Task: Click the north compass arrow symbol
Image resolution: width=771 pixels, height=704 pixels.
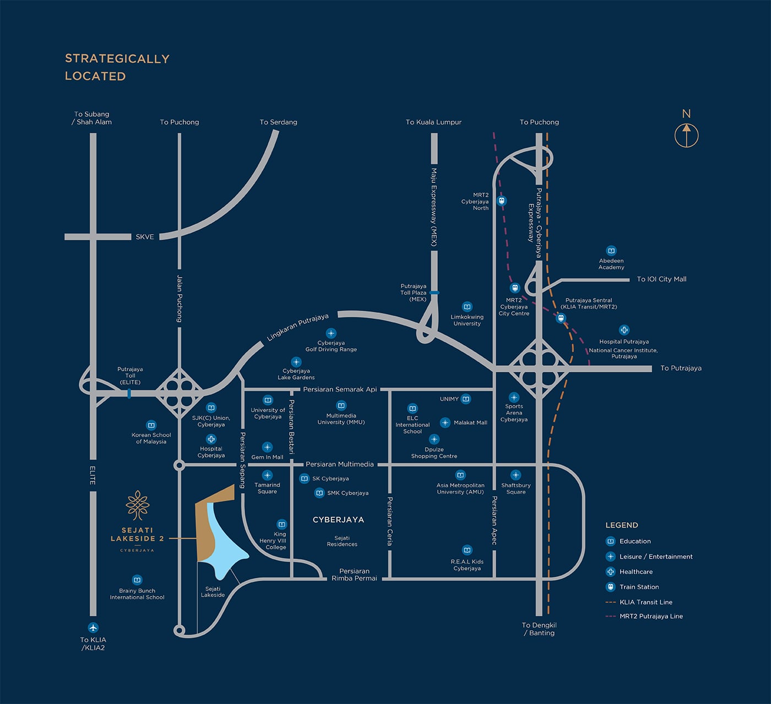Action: pyautogui.click(x=686, y=136)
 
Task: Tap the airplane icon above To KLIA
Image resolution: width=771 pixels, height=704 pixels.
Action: pyautogui.click(x=93, y=628)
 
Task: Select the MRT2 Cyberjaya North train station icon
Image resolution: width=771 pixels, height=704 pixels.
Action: pyautogui.click(x=502, y=201)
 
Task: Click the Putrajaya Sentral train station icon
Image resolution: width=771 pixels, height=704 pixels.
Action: pyautogui.click(x=561, y=318)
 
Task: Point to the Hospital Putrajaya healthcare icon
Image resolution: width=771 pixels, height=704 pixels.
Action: pyautogui.click(x=624, y=330)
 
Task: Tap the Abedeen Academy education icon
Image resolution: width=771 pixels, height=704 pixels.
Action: pyautogui.click(x=611, y=251)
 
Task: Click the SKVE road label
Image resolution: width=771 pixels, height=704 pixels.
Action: pyautogui.click(x=145, y=237)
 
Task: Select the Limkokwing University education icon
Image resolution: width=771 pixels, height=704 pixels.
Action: pyautogui.click(x=467, y=307)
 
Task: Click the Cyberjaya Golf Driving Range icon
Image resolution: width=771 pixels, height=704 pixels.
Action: pyautogui.click(x=331, y=333)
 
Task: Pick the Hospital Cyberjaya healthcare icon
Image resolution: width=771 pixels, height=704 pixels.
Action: pyautogui.click(x=211, y=439)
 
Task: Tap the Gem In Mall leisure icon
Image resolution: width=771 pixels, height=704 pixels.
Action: pyautogui.click(x=267, y=447)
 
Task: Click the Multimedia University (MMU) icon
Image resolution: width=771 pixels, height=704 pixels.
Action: pyautogui.click(x=341, y=405)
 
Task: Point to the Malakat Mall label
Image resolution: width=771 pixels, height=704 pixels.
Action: pyautogui.click(x=470, y=423)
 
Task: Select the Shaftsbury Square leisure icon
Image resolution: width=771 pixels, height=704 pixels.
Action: pyautogui.click(x=516, y=475)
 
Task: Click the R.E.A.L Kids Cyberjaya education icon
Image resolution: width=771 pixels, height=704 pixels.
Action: pyautogui.click(x=467, y=550)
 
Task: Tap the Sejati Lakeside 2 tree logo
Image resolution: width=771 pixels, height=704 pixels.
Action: pyautogui.click(x=138, y=505)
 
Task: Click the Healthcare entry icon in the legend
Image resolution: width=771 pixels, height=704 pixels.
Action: pyautogui.click(x=610, y=572)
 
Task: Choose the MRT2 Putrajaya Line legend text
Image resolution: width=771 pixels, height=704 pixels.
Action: pyautogui.click(x=651, y=616)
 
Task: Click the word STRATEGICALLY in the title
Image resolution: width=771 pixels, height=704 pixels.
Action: pyautogui.click(x=117, y=59)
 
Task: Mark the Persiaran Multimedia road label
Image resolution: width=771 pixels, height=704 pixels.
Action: pyautogui.click(x=340, y=464)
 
